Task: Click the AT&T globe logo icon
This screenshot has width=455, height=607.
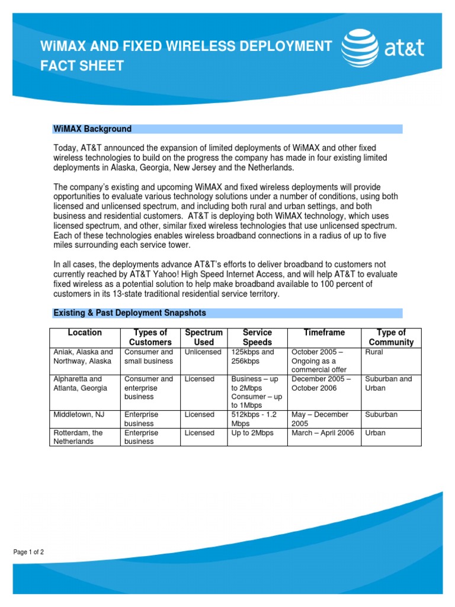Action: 360,49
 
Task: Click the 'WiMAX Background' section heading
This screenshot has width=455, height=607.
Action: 92,129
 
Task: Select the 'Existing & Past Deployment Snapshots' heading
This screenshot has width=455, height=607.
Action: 130,312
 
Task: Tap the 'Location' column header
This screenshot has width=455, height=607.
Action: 85,333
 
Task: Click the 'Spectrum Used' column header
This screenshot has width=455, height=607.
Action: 204,337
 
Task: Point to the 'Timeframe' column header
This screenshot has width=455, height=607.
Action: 324,333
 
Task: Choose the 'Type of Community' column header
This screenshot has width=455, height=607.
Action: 391,337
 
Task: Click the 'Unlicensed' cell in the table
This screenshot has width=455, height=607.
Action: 203,352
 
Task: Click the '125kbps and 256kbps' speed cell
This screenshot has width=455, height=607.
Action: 253,356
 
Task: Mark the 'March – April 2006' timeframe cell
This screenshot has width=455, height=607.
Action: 323,433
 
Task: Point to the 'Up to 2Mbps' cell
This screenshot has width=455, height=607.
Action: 252,433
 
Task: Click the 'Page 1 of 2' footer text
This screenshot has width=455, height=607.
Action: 29,552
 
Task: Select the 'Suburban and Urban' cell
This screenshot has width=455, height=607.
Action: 388,383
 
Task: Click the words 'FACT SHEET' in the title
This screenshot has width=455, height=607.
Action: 82,66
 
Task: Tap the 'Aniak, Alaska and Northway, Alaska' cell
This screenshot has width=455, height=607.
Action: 84,356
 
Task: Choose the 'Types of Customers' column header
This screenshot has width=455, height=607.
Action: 150,337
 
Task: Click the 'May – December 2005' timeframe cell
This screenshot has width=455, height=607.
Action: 320,419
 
